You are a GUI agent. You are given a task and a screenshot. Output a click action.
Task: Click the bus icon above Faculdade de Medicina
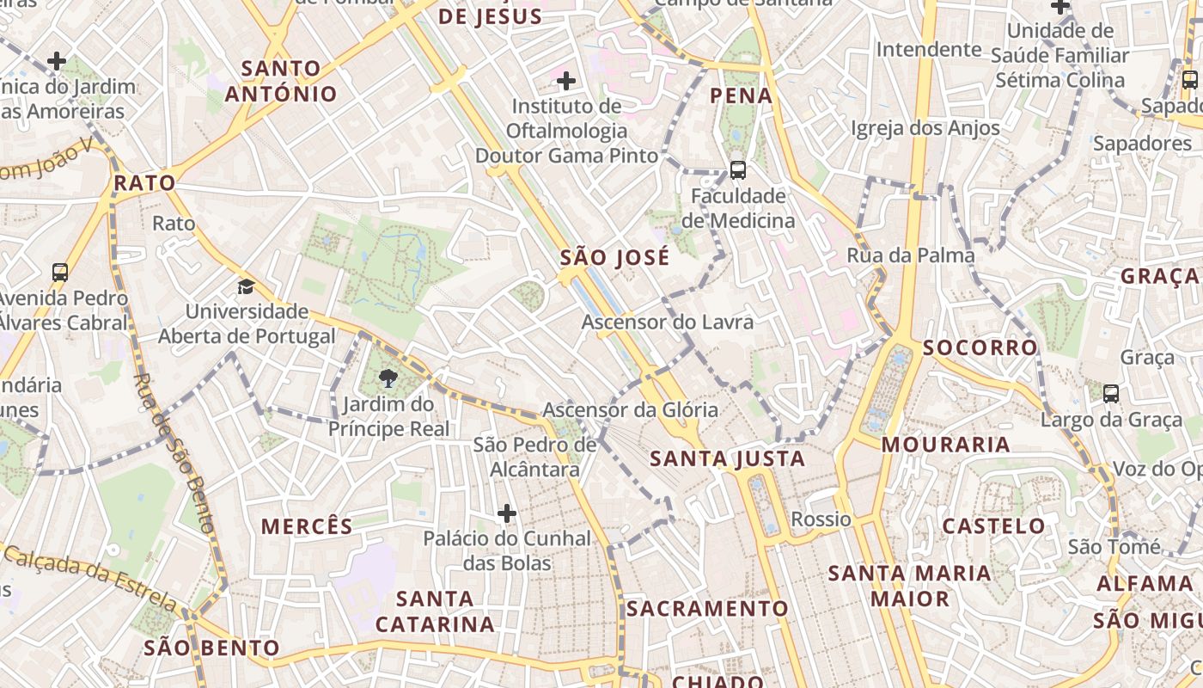[737, 169]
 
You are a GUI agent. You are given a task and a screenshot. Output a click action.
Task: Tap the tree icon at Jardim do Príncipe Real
[388, 378]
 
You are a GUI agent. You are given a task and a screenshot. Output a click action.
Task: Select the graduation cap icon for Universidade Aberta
[247, 286]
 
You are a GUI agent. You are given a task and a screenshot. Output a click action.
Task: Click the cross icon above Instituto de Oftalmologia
[566, 81]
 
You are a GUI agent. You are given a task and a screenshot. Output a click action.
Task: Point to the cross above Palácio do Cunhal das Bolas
[507, 513]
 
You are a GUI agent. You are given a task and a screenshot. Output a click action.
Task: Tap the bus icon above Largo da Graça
[1110, 394]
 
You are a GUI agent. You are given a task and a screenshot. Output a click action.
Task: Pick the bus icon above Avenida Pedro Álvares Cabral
[60, 273]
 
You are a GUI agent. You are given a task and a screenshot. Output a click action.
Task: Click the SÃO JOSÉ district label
[614, 257]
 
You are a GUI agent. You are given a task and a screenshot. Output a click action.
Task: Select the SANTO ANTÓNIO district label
[281, 81]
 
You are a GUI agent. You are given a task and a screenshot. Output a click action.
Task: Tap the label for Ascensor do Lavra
[667, 322]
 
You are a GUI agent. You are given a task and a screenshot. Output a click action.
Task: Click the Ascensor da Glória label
[630, 410]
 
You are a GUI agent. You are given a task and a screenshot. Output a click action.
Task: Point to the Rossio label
[821, 519]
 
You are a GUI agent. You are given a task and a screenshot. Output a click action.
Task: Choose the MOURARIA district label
[945, 445]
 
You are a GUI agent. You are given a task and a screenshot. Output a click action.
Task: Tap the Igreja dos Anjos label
[925, 128]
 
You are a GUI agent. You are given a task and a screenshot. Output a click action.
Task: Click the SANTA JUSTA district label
[727, 459]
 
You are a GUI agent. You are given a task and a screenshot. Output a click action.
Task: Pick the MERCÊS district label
[307, 526]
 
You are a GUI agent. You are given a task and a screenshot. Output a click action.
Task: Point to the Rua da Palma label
[911, 255]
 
